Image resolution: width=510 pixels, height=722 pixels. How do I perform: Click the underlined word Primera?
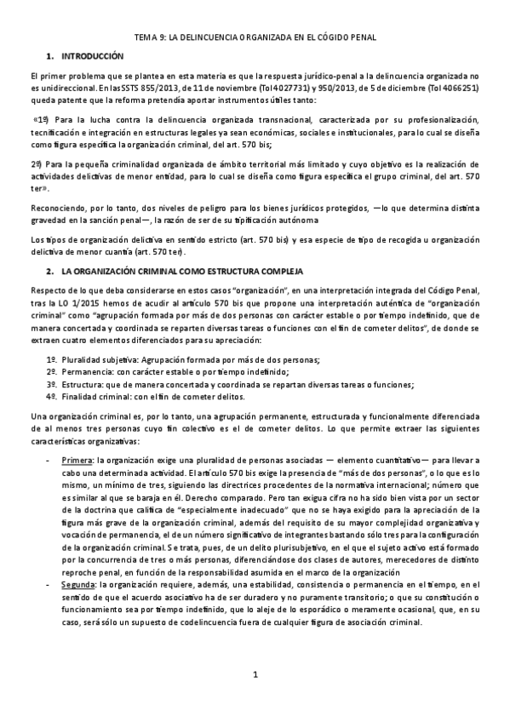click(x=77, y=459)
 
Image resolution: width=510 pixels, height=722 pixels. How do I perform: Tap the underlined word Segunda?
click(x=79, y=587)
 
